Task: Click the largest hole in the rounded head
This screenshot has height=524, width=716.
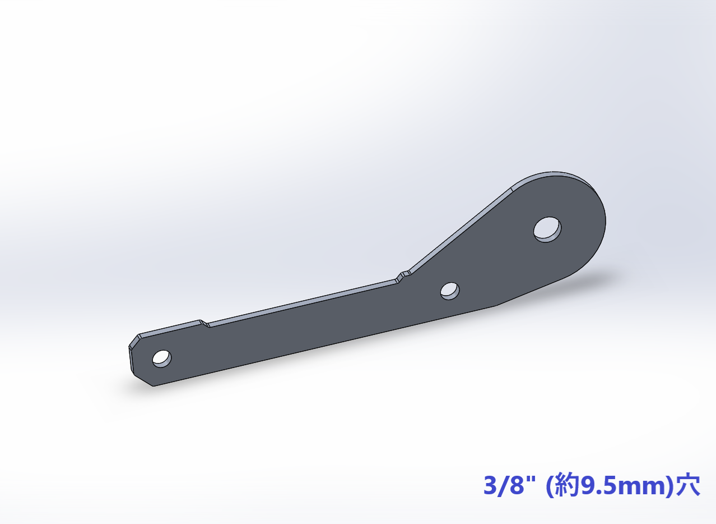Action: coord(547,229)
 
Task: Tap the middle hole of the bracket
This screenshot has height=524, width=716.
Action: coord(450,291)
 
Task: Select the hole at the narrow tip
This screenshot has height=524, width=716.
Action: coord(162,358)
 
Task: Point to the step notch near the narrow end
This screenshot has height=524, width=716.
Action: coord(204,323)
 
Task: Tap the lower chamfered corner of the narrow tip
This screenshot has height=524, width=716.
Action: coord(142,379)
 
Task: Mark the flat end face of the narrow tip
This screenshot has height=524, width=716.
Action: coord(131,360)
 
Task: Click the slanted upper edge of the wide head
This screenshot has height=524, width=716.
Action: coord(461,229)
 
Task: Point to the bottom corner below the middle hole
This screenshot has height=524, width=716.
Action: coord(496,306)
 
